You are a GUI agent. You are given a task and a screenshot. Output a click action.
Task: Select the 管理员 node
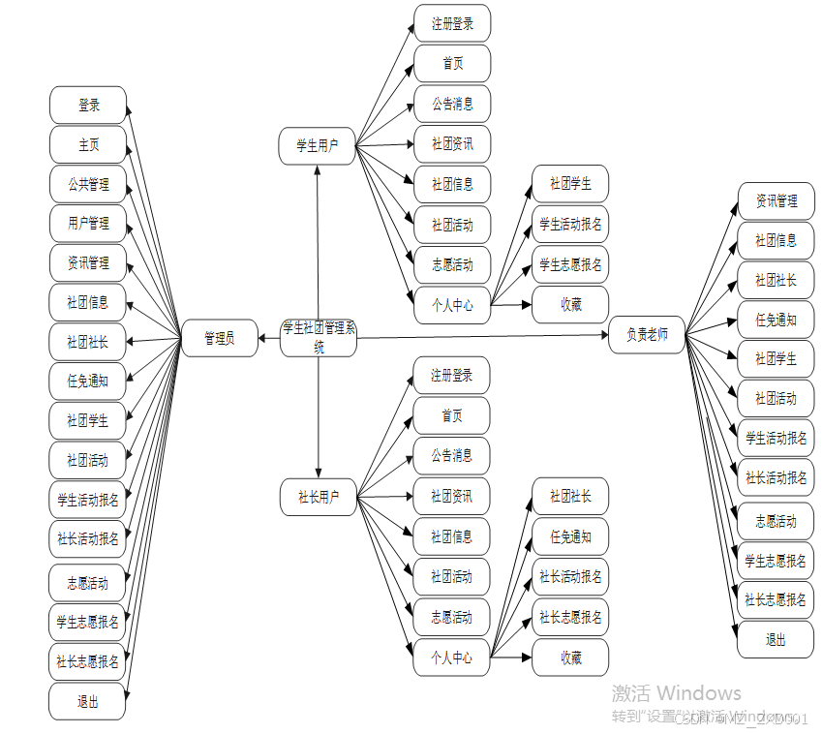click(220, 338)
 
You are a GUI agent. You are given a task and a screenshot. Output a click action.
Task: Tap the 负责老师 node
click(647, 335)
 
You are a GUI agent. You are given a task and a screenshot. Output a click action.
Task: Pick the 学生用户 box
click(318, 146)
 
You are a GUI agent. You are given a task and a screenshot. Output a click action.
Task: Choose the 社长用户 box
click(318, 498)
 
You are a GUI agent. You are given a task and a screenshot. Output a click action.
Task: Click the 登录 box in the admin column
click(88, 106)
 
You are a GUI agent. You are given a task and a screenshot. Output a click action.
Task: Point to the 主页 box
click(88, 145)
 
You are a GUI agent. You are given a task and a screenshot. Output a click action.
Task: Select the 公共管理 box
click(88, 184)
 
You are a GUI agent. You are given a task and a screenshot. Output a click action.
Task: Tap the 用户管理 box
click(88, 224)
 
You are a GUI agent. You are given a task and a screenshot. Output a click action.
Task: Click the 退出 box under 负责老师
click(776, 640)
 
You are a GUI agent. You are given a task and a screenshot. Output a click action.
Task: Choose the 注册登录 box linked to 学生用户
click(452, 24)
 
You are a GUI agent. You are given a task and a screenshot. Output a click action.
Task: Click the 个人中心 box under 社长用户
click(452, 658)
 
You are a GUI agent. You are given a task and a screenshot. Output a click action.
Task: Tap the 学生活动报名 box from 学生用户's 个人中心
click(570, 225)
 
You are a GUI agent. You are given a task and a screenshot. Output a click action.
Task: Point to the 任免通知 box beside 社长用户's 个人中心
click(570, 537)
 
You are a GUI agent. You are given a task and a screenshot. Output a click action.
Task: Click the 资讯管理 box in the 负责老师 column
click(776, 201)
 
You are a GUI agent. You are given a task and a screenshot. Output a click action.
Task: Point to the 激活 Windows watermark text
click(676, 693)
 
